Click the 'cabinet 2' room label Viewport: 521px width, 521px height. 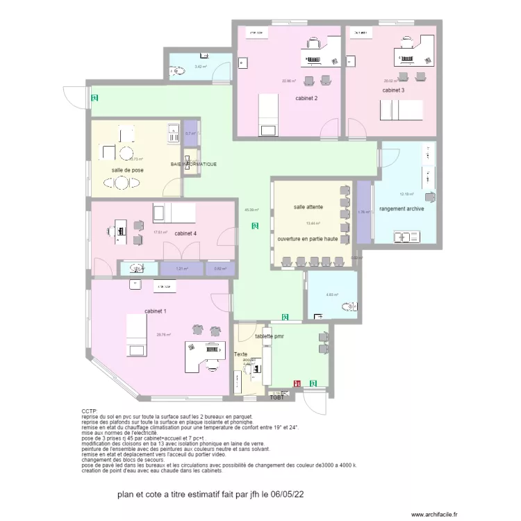tap(306, 99)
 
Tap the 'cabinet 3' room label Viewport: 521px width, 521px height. tap(393, 90)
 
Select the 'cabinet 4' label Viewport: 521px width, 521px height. tap(186, 233)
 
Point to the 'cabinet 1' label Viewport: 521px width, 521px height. tap(156, 311)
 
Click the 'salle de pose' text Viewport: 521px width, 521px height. tap(128, 170)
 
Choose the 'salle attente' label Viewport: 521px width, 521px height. tap(308, 207)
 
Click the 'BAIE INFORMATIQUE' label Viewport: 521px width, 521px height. tap(194, 165)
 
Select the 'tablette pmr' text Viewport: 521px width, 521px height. tap(270, 336)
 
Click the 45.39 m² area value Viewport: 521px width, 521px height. tap(251, 210)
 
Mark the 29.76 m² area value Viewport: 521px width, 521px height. tap(163, 334)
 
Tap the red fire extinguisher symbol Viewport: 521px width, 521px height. tap(297, 383)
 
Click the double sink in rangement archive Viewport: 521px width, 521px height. tap(406, 238)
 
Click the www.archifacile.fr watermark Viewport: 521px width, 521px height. tap(435, 515)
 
